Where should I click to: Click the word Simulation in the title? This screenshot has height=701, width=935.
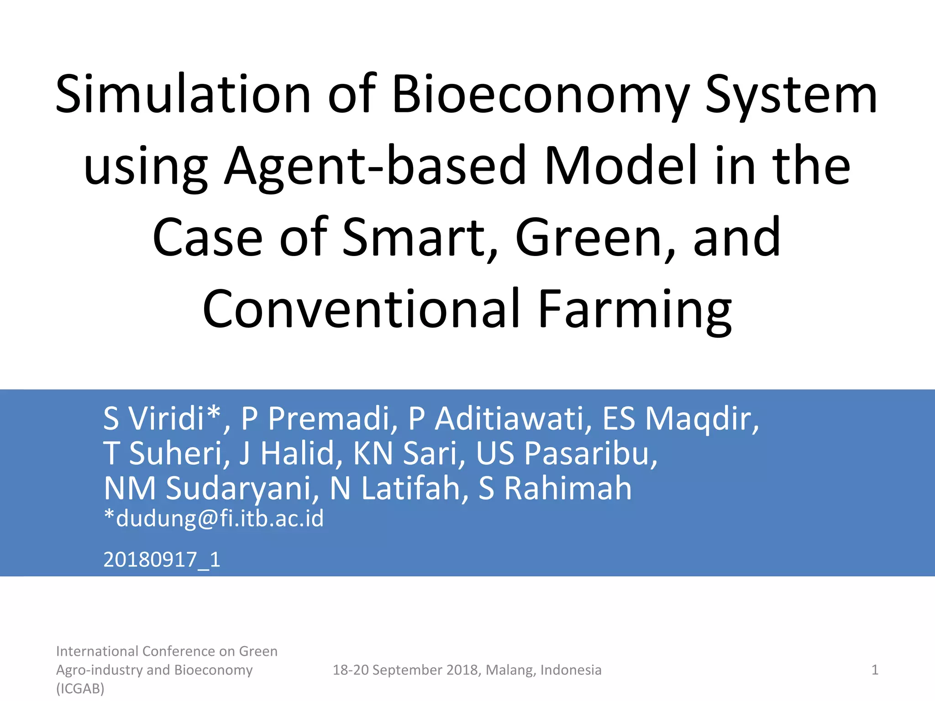[183, 94]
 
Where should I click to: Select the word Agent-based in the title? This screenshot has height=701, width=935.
[375, 166]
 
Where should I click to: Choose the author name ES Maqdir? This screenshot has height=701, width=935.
[680, 418]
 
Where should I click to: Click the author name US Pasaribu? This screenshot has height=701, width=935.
[567, 453]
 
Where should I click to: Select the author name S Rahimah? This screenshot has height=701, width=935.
[555, 488]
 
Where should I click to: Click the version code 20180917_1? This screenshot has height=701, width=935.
[162, 560]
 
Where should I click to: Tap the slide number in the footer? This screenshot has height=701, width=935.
[875, 670]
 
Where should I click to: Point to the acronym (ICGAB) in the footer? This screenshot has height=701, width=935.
[80, 688]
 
